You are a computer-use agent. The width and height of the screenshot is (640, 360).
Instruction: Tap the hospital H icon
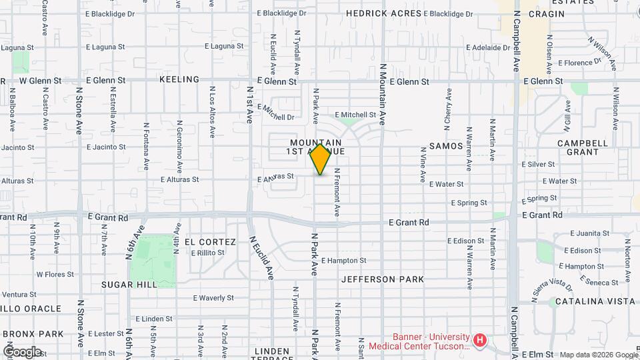pos(479,341)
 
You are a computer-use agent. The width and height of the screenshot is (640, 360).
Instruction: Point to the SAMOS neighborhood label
pos(446,145)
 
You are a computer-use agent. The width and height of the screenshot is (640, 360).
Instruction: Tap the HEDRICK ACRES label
pos(383,13)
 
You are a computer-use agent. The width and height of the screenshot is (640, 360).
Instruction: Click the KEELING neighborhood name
pos(179,79)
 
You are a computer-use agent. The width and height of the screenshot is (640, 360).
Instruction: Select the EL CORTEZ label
pos(210,241)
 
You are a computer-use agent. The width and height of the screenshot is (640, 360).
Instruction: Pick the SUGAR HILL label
pos(129,284)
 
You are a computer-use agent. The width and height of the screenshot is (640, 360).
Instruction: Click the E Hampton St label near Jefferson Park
pos(345,261)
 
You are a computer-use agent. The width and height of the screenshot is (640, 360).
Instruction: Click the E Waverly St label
pos(213,298)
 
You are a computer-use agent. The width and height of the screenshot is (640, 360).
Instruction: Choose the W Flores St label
pos(55,274)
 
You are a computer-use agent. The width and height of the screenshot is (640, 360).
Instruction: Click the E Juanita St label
pos(591,233)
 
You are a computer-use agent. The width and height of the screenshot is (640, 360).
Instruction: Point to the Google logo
pos(22,351)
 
